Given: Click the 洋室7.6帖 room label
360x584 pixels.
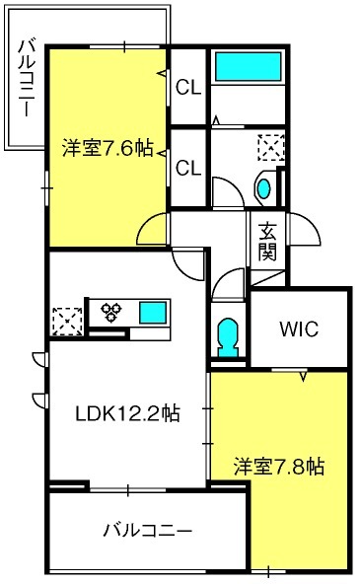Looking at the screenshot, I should click(x=108, y=149).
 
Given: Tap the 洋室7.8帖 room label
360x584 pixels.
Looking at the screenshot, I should click(x=280, y=465).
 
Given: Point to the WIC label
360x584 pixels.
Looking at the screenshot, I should click(x=298, y=329).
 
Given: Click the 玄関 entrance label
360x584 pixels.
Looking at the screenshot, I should click(x=267, y=243).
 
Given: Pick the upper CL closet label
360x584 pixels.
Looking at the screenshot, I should click(x=188, y=88).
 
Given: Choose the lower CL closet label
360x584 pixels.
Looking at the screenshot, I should click(x=188, y=168).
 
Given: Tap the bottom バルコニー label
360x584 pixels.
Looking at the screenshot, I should click(x=147, y=531).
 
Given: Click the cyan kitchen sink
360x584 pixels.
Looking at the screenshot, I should click(x=153, y=314).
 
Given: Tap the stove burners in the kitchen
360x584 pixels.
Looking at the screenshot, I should click(x=111, y=313).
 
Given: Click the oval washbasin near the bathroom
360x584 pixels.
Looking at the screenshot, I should click(x=264, y=186).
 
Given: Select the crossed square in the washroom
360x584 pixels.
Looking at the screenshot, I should click(x=268, y=148).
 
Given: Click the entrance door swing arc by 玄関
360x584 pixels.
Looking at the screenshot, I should click(x=308, y=235).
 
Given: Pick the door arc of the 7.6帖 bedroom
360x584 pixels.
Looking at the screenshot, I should click(x=153, y=230).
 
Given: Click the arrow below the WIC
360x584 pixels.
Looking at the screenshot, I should click(x=303, y=376).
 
